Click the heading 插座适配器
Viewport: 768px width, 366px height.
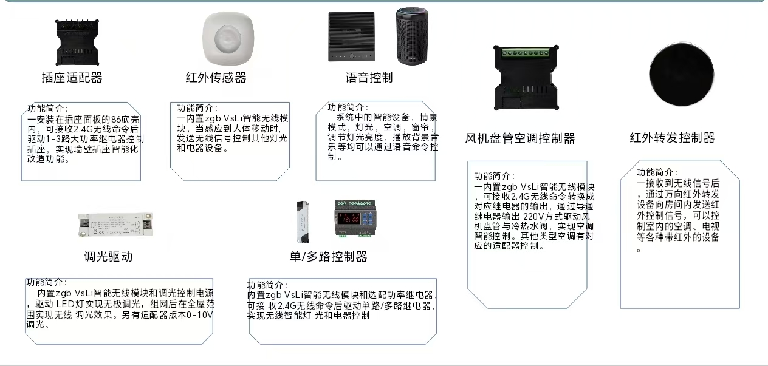click(x=72, y=78)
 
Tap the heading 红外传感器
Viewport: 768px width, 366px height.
click(x=216, y=78)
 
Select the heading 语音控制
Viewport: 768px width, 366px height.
click(x=369, y=78)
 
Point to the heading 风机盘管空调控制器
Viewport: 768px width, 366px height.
click(x=519, y=138)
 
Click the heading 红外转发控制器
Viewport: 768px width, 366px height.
click(x=672, y=138)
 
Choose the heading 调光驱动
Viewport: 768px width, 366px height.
click(x=108, y=256)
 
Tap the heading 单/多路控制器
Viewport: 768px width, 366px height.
click(x=328, y=256)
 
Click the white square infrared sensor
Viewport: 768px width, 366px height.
click(x=228, y=38)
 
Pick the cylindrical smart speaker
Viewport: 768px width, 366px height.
click(x=412, y=36)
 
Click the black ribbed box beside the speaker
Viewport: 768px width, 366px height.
click(x=351, y=37)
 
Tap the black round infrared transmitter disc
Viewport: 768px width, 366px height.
click(x=682, y=74)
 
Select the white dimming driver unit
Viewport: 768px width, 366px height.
click(x=115, y=225)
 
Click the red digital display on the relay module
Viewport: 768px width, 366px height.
click(x=349, y=219)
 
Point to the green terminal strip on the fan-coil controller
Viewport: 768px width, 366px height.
click(x=525, y=53)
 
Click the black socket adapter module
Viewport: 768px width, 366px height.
click(x=77, y=42)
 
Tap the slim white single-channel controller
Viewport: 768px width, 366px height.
click(x=302, y=222)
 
